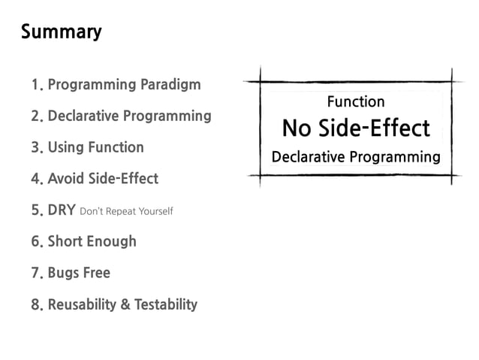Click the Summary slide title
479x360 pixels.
pos(61,32)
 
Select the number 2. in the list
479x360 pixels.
pos(38,116)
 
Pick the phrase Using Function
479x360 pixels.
pos(95,147)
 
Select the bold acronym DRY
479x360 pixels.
pos(62,210)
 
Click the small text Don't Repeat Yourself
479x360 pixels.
pos(126,211)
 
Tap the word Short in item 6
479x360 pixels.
pos(66,241)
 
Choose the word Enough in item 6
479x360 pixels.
pos(113,241)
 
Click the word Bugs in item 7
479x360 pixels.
pos(64,273)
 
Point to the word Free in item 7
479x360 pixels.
pos(97,273)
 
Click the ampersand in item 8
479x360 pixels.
pos(125,304)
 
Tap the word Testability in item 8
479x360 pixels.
pos(166,304)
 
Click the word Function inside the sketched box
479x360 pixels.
pos(356,101)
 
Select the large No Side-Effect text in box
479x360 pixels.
pos(356,128)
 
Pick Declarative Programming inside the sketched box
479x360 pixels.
pos(356,157)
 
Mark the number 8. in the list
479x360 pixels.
pos(38,305)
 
